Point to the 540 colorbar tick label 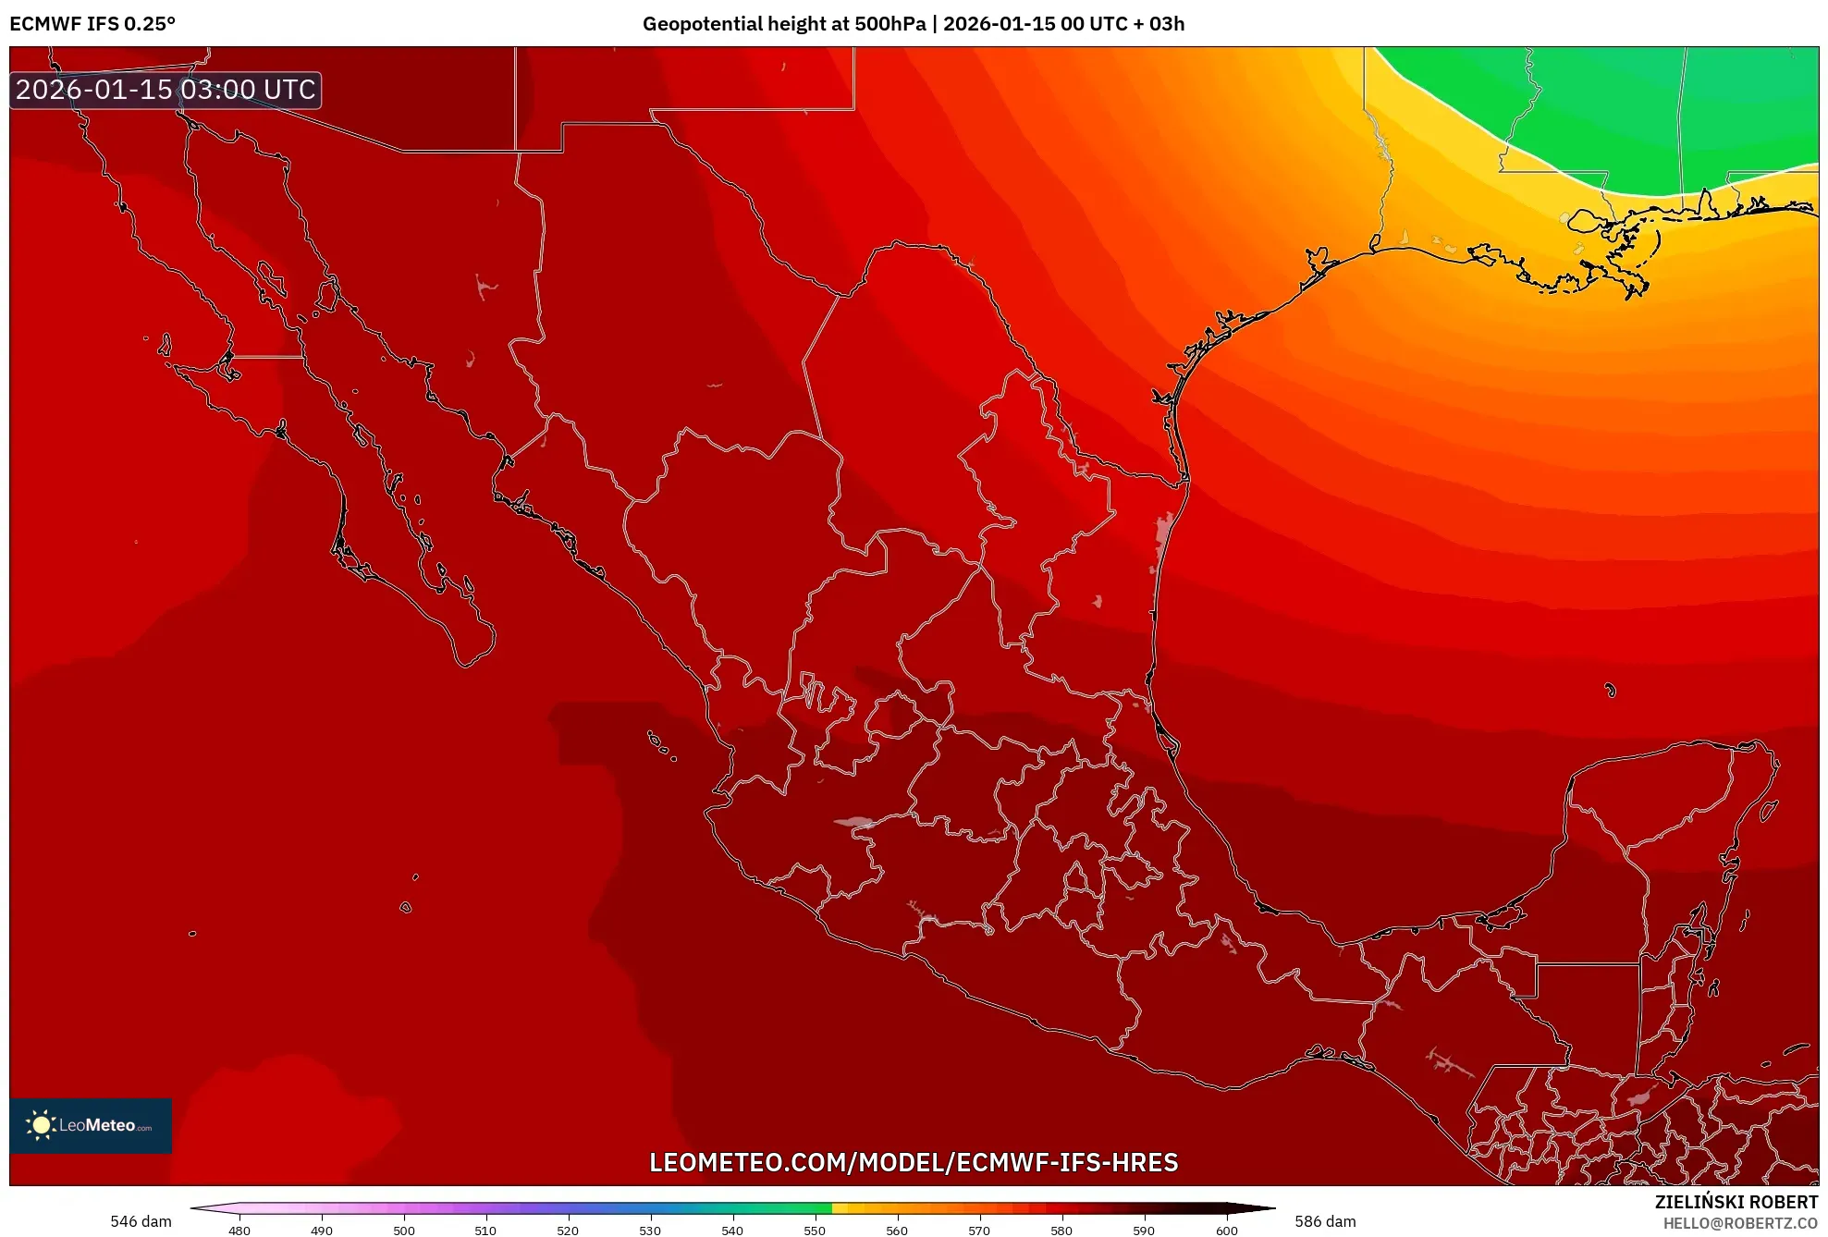tap(732, 1231)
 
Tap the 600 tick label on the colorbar tap(1226, 1231)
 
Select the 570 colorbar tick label tap(979, 1231)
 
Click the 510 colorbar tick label tap(485, 1231)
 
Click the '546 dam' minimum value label tap(141, 1221)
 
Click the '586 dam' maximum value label tap(1325, 1221)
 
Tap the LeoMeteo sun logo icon tap(41, 1125)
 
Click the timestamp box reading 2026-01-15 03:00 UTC tap(166, 90)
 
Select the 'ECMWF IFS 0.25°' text tap(92, 24)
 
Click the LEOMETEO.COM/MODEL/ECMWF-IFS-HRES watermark tap(914, 1162)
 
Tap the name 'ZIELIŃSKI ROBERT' tap(1736, 1202)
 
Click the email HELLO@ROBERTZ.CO tap(1740, 1223)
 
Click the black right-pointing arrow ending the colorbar tap(1252, 1207)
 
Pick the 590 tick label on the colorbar tap(1144, 1231)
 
